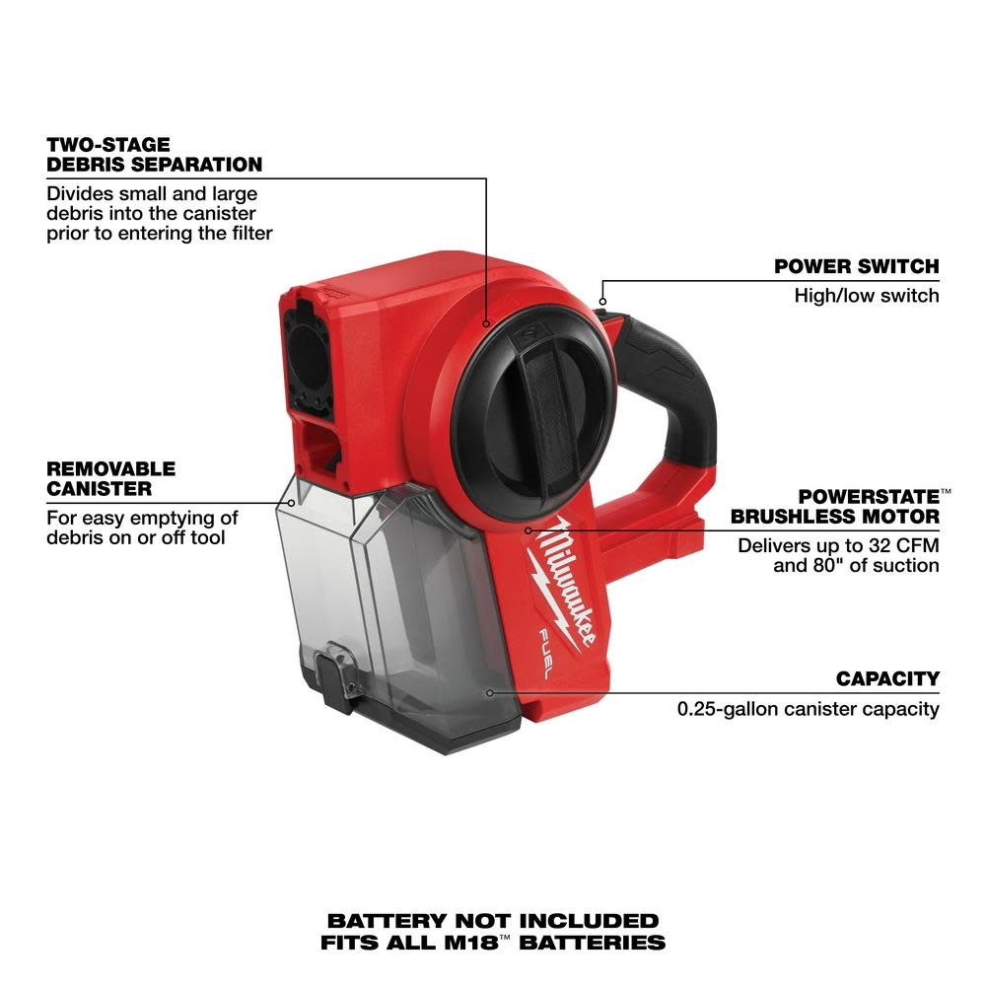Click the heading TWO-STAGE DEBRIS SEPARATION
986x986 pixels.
pyautogui.click(x=154, y=155)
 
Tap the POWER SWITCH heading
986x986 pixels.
pyautogui.click(x=856, y=266)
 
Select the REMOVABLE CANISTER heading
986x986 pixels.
pyautogui.click(x=111, y=478)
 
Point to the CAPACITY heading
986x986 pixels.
pyautogui.click(x=887, y=678)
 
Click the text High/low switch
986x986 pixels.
pyautogui.click(x=867, y=296)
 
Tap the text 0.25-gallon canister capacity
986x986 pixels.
pyautogui.click(x=808, y=708)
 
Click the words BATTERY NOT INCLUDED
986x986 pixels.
pyautogui.click(x=493, y=920)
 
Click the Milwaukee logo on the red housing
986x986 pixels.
pyautogui.click(x=572, y=582)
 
